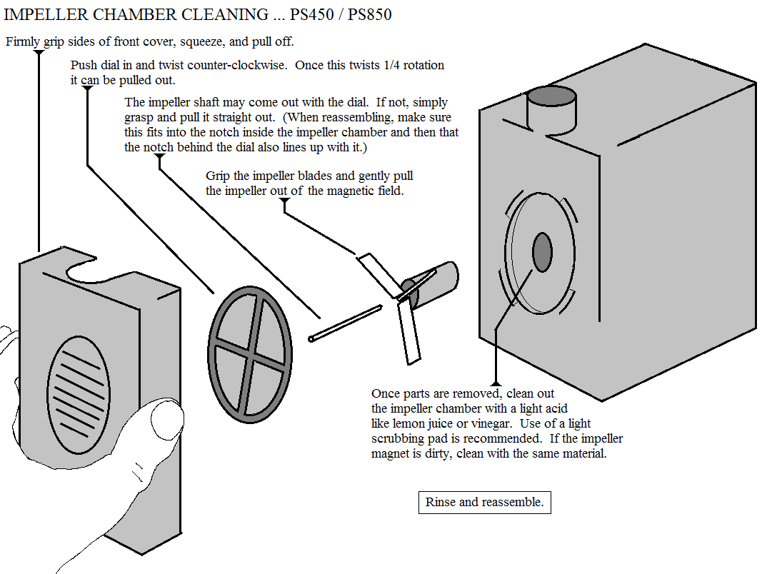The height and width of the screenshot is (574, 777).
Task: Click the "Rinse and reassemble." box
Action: pos(484,503)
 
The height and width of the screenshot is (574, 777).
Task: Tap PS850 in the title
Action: pos(369,14)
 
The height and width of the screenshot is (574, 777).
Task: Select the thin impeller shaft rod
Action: pos(346,323)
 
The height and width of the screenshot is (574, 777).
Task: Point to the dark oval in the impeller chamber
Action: pos(542,251)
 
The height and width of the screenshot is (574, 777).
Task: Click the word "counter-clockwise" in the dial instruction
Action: pos(239,65)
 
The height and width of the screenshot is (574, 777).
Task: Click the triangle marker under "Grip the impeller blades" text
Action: pos(285,202)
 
